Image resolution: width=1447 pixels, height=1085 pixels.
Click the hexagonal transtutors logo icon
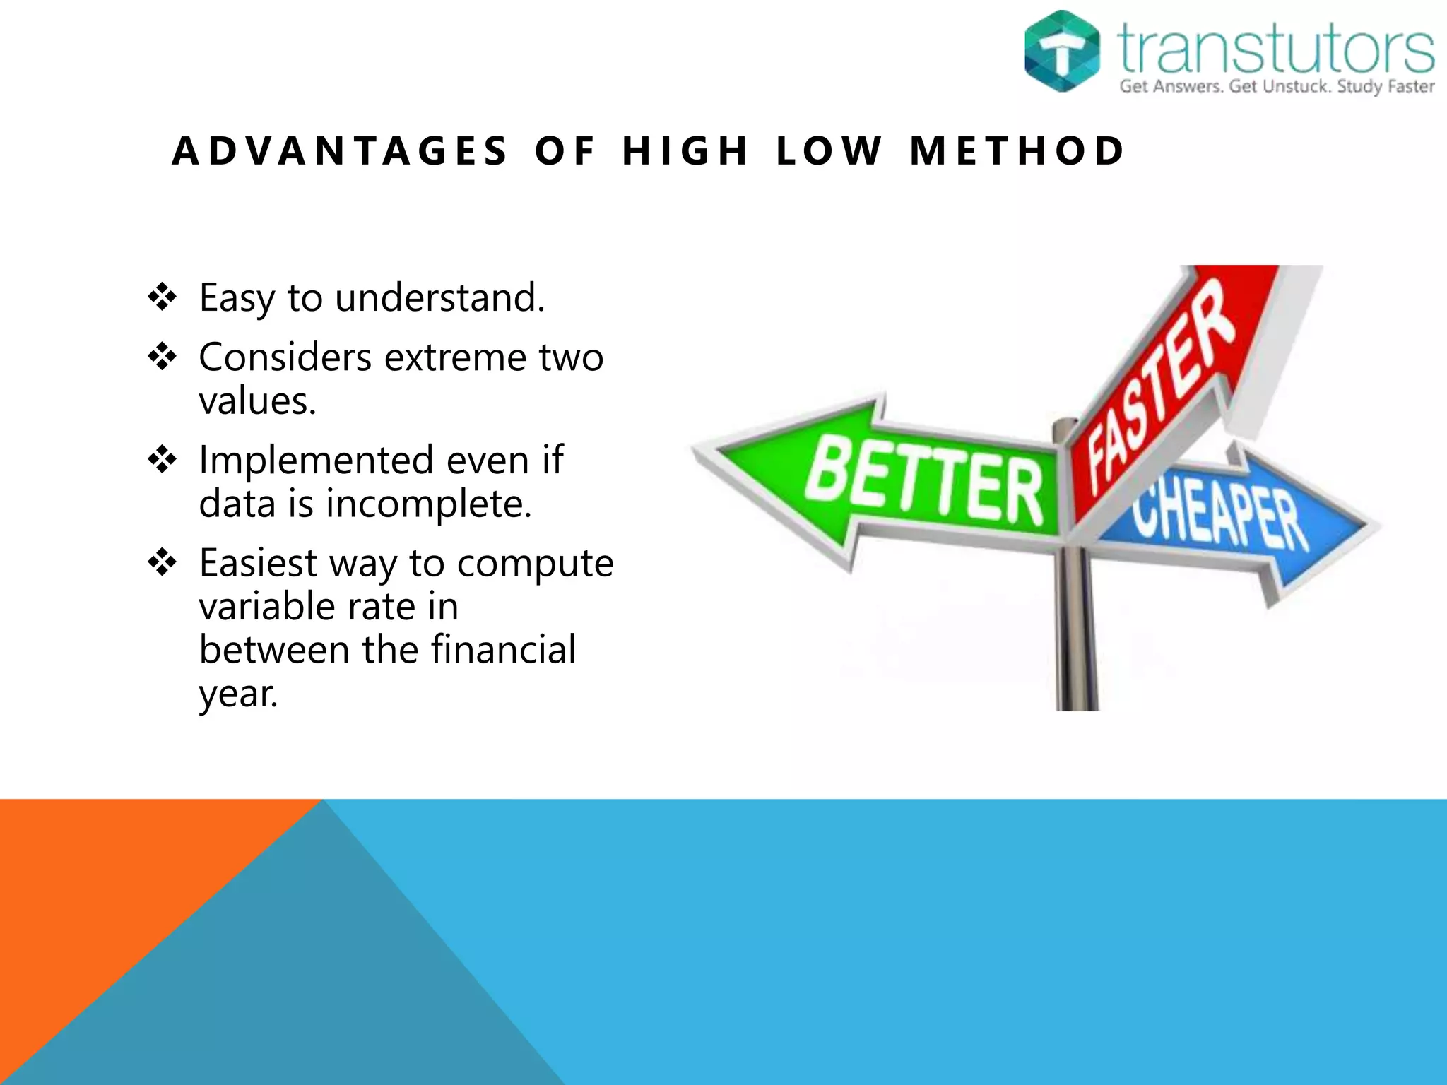click(x=1061, y=51)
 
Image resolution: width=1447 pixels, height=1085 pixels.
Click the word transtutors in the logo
click(x=1275, y=48)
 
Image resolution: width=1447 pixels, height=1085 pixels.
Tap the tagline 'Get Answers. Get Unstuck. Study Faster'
click(x=1276, y=87)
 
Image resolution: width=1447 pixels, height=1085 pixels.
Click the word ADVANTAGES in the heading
click(x=340, y=151)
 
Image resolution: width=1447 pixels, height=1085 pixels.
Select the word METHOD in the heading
click(x=1017, y=151)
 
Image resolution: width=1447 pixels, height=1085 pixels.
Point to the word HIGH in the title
click(x=684, y=151)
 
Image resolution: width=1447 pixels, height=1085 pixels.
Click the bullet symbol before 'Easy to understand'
click(x=162, y=297)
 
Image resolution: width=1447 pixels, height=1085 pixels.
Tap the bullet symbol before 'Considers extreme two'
click(x=162, y=357)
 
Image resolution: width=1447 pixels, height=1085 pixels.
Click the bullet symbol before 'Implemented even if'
click(x=162, y=460)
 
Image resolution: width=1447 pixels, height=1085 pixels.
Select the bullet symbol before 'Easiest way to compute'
click(x=162, y=563)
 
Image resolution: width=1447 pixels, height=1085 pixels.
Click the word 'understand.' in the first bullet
click(x=440, y=297)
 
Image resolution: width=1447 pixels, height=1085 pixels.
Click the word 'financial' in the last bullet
click(x=503, y=649)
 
